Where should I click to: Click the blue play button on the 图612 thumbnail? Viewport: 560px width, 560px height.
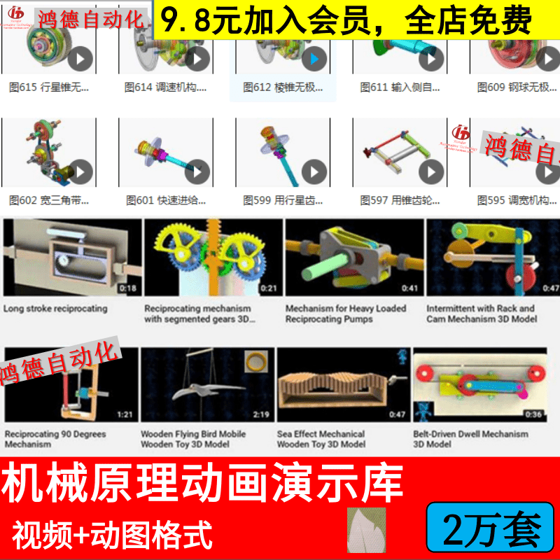[314, 59]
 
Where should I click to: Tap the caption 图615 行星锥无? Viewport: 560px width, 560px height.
[49, 87]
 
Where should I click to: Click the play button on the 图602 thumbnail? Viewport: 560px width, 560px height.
[80, 171]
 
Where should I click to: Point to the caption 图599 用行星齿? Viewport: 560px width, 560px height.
[283, 200]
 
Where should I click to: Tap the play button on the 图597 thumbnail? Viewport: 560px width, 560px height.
[431, 171]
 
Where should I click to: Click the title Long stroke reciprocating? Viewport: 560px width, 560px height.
[55, 308]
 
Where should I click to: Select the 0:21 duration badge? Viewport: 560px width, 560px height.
[268, 288]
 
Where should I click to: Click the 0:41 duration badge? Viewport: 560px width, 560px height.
[409, 288]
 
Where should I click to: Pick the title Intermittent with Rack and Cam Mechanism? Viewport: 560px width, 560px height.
[481, 314]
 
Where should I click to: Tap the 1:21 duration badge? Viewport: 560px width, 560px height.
[125, 414]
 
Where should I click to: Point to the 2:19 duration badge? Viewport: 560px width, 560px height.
[261, 414]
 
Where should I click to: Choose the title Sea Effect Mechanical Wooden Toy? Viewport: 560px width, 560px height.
[321, 439]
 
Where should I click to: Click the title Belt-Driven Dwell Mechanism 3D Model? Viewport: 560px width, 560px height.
[470, 439]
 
